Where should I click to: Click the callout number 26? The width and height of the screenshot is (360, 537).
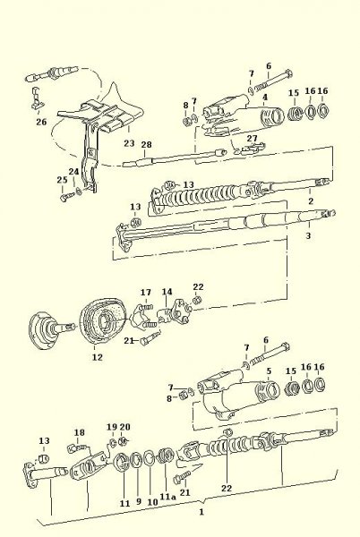pyautogui.click(x=41, y=122)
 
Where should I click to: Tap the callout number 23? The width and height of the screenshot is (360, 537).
pyautogui.click(x=129, y=143)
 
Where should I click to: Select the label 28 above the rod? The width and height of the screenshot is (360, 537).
pyautogui.click(x=146, y=144)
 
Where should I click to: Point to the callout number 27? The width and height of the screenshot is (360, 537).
pyautogui.click(x=253, y=138)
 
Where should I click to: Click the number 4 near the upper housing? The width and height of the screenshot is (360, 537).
pyautogui.click(x=265, y=98)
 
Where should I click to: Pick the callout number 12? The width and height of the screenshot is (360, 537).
pyautogui.click(x=98, y=357)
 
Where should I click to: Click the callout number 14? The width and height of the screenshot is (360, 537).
pyautogui.click(x=167, y=292)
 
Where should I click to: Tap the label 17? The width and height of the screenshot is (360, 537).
pyautogui.click(x=146, y=293)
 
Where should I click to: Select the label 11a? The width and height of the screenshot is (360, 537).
pyautogui.click(x=167, y=497)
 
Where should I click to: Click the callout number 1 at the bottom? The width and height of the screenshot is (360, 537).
pyautogui.click(x=201, y=512)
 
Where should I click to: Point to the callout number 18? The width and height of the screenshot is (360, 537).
pyautogui.click(x=79, y=432)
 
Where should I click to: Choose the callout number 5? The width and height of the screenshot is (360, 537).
pyautogui.click(x=269, y=371)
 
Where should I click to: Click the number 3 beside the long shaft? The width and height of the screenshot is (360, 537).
pyautogui.click(x=308, y=235)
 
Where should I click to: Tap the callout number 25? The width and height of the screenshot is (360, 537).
pyautogui.click(x=62, y=180)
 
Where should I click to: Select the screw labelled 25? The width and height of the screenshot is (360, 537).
pyautogui.click(x=67, y=197)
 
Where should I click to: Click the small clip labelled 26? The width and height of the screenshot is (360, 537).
pyautogui.click(x=37, y=98)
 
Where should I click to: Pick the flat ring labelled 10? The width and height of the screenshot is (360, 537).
pyautogui.click(x=150, y=458)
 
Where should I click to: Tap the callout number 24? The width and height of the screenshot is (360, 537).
pyautogui.click(x=73, y=172)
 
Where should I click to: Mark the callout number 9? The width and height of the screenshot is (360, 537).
pyautogui.click(x=139, y=502)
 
